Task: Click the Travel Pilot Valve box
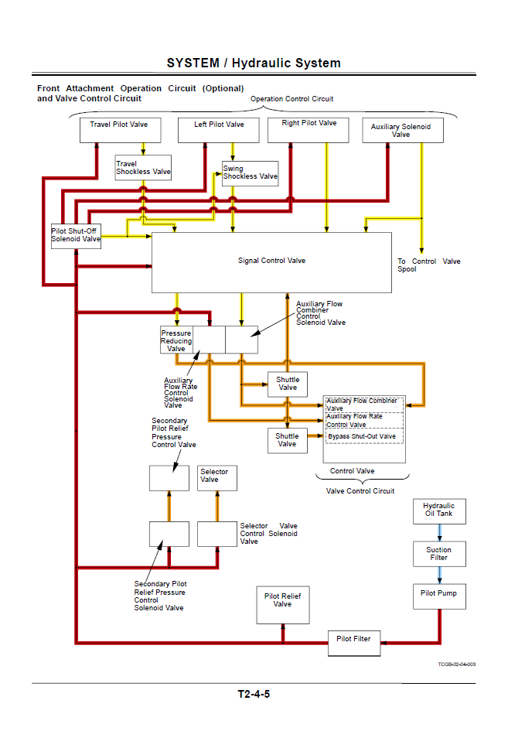click(x=120, y=130)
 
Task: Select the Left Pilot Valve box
click(x=218, y=130)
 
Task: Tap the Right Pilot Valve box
click(x=309, y=130)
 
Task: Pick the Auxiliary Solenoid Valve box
click(x=402, y=131)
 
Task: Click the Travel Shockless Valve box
click(x=143, y=168)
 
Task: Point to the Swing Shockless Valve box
click(x=250, y=173)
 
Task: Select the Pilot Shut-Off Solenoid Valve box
click(x=76, y=235)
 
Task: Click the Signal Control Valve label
click(x=271, y=261)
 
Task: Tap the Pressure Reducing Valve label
click(x=176, y=340)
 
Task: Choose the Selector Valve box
click(x=216, y=477)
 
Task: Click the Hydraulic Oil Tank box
click(x=438, y=511)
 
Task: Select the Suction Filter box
click(x=438, y=554)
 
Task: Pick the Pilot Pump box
click(x=438, y=596)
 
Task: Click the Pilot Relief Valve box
click(x=282, y=604)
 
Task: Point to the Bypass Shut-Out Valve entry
click(x=362, y=437)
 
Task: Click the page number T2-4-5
click(x=254, y=694)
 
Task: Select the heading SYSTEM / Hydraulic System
click(x=254, y=63)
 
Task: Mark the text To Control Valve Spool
click(x=428, y=265)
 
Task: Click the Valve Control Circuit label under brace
click(x=360, y=491)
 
